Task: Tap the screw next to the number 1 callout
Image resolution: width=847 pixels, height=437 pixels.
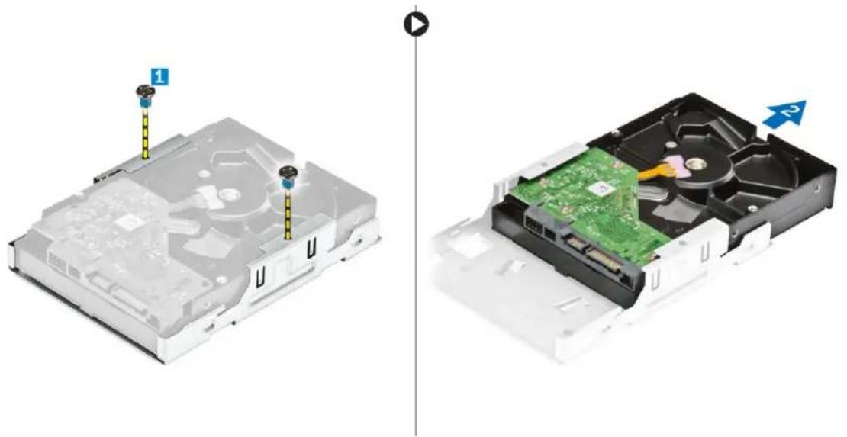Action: click(142, 96)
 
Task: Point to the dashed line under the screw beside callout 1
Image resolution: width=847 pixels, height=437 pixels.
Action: click(144, 133)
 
